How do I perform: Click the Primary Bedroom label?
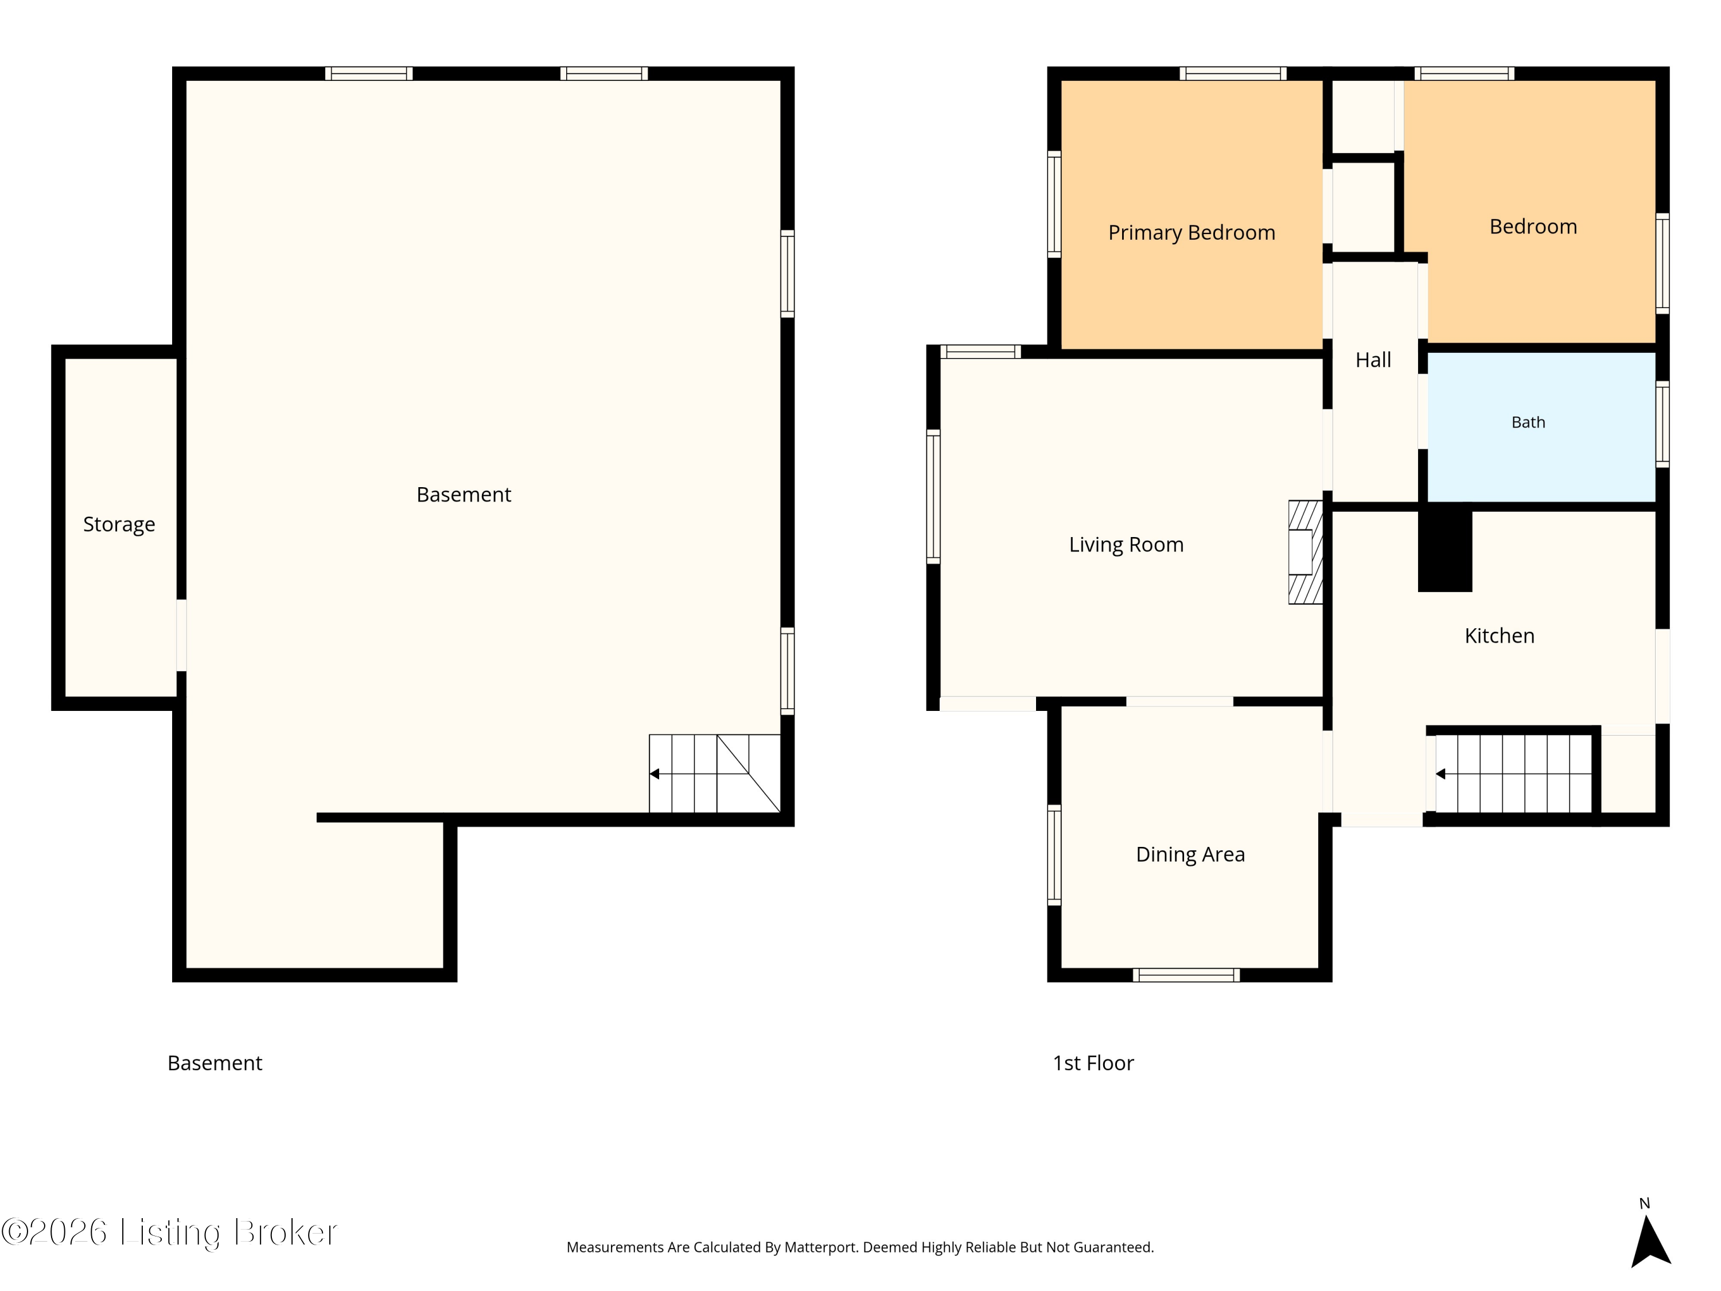1191,233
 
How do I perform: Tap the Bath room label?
1528,422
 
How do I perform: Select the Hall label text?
1373,360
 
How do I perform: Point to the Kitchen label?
1499,636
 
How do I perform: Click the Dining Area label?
1190,854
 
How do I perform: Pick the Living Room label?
1126,545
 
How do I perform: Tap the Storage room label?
119,524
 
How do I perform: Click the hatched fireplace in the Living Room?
1306,552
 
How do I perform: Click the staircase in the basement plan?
714,773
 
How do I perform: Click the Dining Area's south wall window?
1186,975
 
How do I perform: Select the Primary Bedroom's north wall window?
1232,74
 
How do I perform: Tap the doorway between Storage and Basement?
181,635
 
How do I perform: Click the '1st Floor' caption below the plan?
1093,1063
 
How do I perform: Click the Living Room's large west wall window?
933,496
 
